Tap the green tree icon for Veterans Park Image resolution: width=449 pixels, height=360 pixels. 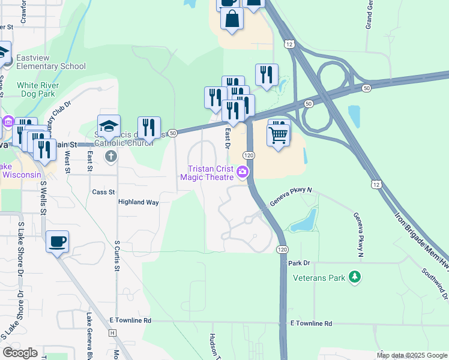click(355, 277)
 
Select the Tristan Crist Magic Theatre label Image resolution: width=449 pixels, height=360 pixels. click(210, 172)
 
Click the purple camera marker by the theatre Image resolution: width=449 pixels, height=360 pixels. click(243, 172)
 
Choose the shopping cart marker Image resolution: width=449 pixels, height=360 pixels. click(278, 135)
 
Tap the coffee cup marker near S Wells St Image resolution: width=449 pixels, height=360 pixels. click(57, 242)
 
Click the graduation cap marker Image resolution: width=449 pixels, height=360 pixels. click(109, 127)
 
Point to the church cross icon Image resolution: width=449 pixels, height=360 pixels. click(110, 157)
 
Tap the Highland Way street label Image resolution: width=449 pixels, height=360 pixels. click(138, 202)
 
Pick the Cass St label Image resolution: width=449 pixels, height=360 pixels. click(103, 192)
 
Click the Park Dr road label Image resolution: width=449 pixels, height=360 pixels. click(298, 263)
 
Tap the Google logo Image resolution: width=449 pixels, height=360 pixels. click(20, 353)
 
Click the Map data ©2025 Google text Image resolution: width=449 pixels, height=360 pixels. click(412, 355)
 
